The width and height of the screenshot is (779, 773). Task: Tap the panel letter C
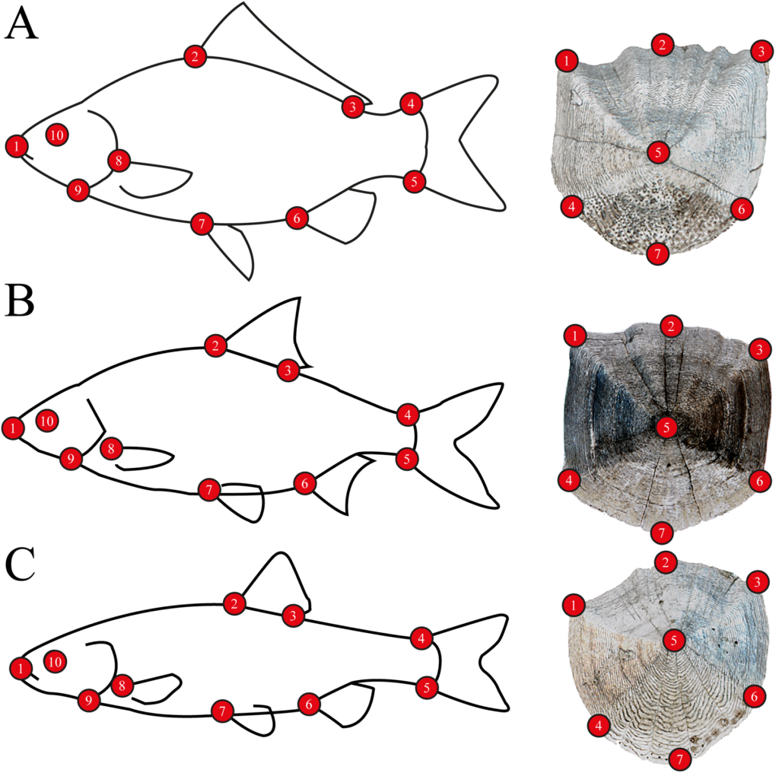pos(21,565)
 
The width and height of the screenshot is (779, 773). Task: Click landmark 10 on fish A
pos(56,135)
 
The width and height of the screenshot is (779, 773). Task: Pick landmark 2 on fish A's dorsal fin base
pos(195,56)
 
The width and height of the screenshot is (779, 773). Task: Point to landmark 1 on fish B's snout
pos(13,428)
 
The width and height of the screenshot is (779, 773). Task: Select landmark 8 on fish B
pos(111,449)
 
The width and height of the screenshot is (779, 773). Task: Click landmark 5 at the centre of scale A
pos(658,151)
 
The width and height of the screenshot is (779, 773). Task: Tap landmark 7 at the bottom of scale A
pos(658,254)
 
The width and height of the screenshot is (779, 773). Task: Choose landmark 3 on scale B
pos(759,350)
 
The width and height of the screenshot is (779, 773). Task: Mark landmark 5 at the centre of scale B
pos(666,428)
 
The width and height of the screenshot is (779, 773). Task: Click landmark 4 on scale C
pos(599,726)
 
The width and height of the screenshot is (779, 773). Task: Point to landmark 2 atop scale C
pos(665,562)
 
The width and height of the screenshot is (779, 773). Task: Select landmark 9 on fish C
pos(89,700)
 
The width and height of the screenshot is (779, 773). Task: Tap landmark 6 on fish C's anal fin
pos(309,704)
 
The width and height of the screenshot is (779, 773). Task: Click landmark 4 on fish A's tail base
pos(411,103)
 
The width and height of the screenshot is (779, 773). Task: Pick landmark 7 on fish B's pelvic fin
pos(208,490)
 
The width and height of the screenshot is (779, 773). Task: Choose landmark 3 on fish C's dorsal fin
pos(293,616)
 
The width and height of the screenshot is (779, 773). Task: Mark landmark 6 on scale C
pos(754,696)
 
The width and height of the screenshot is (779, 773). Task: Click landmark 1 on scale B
pos(575,336)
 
